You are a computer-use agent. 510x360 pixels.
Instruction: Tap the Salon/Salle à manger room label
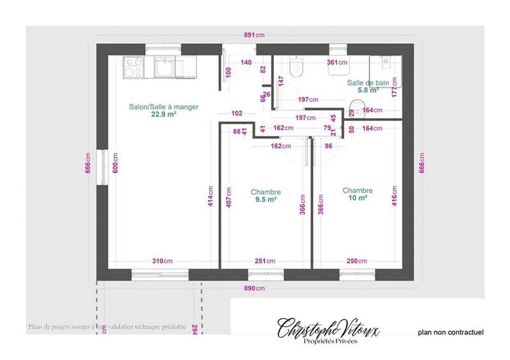164,107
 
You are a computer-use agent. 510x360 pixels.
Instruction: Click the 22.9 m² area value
164,115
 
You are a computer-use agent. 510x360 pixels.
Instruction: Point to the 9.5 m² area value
265,199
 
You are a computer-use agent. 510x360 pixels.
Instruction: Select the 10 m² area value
357,198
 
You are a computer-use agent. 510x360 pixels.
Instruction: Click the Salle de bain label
367,83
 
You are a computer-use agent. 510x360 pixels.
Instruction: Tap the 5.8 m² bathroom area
367,90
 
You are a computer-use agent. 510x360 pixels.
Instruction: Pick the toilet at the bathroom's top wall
296,68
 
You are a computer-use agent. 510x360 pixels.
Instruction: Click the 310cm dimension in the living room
162,261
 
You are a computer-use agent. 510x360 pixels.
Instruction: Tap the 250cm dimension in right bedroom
357,261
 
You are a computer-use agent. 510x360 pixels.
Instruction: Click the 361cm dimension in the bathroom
337,62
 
